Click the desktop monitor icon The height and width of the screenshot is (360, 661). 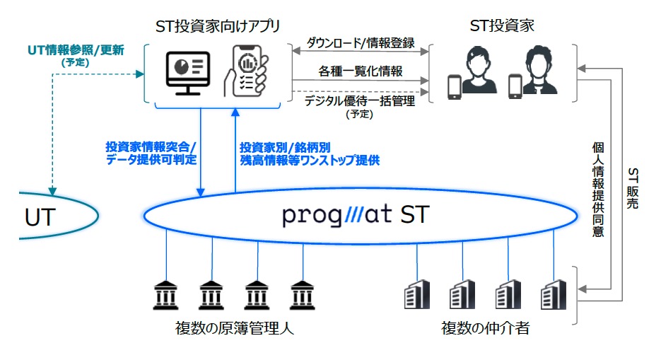pyautogui.click(x=187, y=73)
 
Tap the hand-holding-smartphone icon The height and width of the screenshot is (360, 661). pyautogui.click(x=246, y=71)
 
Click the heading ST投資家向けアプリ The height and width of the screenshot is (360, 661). pyautogui.click(x=218, y=26)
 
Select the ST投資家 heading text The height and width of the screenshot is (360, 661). pyautogui.click(x=502, y=25)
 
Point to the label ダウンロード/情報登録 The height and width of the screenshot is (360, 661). pyautogui.click(x=361, y=42)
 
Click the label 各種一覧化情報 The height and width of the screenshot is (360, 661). pyautogui.click(x=361, y=71)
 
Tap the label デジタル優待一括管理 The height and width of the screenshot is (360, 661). pyautogui.click(x=360, y=100)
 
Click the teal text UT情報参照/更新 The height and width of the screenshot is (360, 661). pyautogui.click(x=76, y=50)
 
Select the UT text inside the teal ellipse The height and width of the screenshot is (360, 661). pyautogui.click(x=40, y=218)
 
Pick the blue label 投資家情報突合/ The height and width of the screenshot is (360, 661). pyautogui.click(x=151, y=146)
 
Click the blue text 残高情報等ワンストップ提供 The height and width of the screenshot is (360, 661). pyautogui.click(x=310, y=160)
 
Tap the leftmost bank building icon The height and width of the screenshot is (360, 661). pyautogui.click(x=165, y=295)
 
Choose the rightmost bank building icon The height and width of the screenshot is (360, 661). pyautogui.click(x=303, y=295)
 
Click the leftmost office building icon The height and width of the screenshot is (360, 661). pyautogui.click(x=417, y=294)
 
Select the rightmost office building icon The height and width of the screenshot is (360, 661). pyautogui.click(x=554, y=294)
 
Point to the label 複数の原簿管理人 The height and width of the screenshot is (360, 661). pyautogui.click(x=235, y=328)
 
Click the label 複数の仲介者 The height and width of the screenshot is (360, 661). pyautogui.click(x=485, y=328)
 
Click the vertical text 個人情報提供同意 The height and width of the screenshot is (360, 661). pyautogui.click(x=598, y=190)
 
